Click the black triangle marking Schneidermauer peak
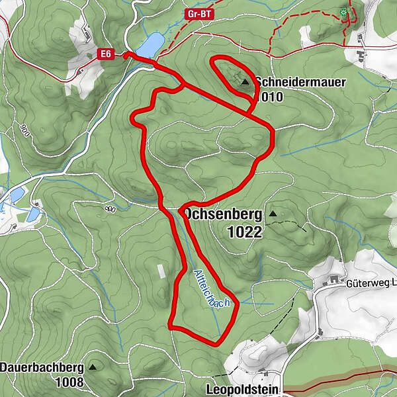(245, 82)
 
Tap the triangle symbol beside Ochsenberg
(272, 214)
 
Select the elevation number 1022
(243, 232)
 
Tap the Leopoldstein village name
(243, 390)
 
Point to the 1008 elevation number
(70, 382)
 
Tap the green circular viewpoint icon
(343, 12)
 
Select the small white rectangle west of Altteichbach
(161, 271)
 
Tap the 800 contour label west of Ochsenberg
(110, 210)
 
